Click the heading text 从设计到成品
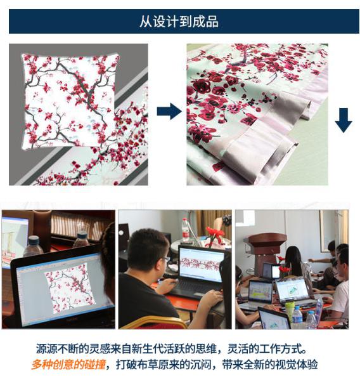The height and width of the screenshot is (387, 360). [x=179, y=22]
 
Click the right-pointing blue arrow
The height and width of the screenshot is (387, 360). [x=169, y=111]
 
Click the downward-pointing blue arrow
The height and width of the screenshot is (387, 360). [x=344, y=120]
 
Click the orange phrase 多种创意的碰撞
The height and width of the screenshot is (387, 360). [x=68, y=364]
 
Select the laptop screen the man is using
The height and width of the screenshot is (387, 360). [x=201, y=264]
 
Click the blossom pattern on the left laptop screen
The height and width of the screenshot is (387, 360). [x=69, y=287]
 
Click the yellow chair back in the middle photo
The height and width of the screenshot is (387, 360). [x=153, y=322]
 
